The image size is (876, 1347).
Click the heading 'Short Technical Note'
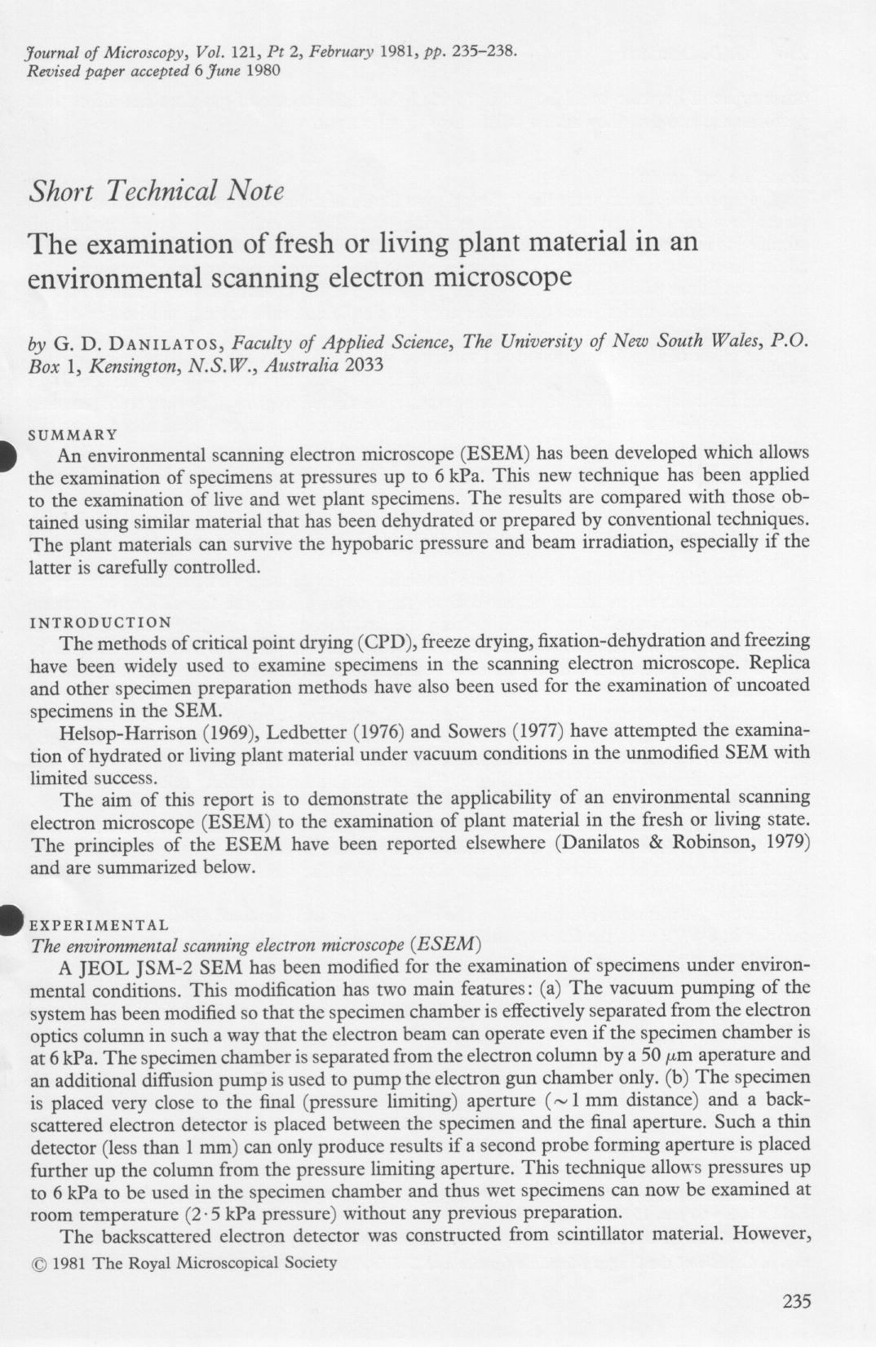(x=156, y=191)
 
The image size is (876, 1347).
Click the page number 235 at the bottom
(x=796, y=1301)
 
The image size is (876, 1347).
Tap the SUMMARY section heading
(x=73, y=434)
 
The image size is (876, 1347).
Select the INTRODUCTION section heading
(x=100, y=623)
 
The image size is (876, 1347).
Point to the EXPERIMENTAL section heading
(x=99, y=925)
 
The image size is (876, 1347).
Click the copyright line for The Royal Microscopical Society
(x=184, y=1263)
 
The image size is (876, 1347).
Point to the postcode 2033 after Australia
(x=364, y=364)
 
